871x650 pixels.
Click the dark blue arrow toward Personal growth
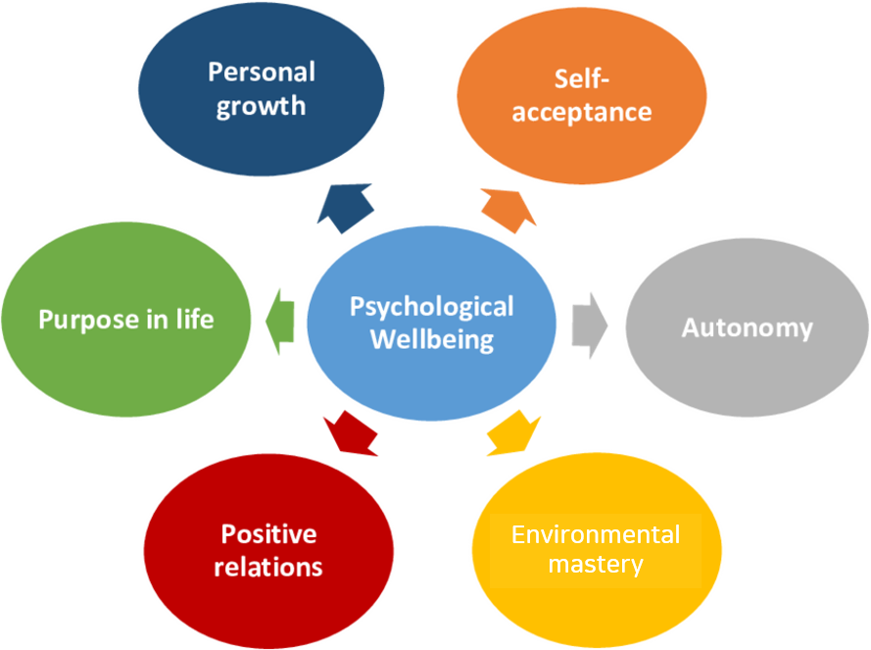(346, 208)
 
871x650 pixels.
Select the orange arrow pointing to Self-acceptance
(508, 210)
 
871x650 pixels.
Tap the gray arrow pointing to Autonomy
(590, 325)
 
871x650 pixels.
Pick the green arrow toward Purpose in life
(280, 322)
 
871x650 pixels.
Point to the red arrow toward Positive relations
(351, 433)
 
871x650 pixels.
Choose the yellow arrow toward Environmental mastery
(513, 433)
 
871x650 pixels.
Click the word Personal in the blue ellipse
(262, 73)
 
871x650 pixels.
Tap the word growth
(261, 107)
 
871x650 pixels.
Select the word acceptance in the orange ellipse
(582, 113)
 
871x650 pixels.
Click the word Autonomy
(748, 328)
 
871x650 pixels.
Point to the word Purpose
(89, 321)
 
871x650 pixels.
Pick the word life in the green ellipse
(195, 320)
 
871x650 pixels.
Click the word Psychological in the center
(432, 308)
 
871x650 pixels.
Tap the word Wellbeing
(432, 340)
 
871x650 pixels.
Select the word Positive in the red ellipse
(268, 534)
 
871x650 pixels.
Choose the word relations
(268, 568)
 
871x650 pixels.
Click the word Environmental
(596, 535)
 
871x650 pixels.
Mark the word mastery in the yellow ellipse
(596, 565)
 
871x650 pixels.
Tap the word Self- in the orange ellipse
(582, 79)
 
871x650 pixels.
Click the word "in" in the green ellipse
(158, 320)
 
